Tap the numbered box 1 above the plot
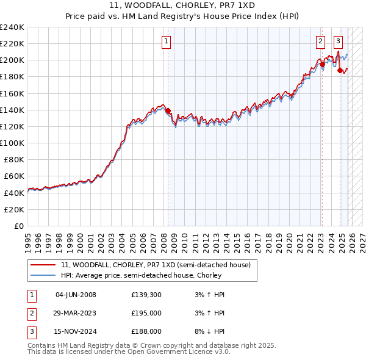tap(167, 41)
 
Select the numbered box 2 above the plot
tap(320, 41)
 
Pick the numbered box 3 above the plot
tap(338, 41)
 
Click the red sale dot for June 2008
tap(168, 110)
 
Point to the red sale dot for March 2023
tap(322, 64)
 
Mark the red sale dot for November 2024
tap(340, 70)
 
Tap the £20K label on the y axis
tap(15, 209)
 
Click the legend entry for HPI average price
tap(150, 275)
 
